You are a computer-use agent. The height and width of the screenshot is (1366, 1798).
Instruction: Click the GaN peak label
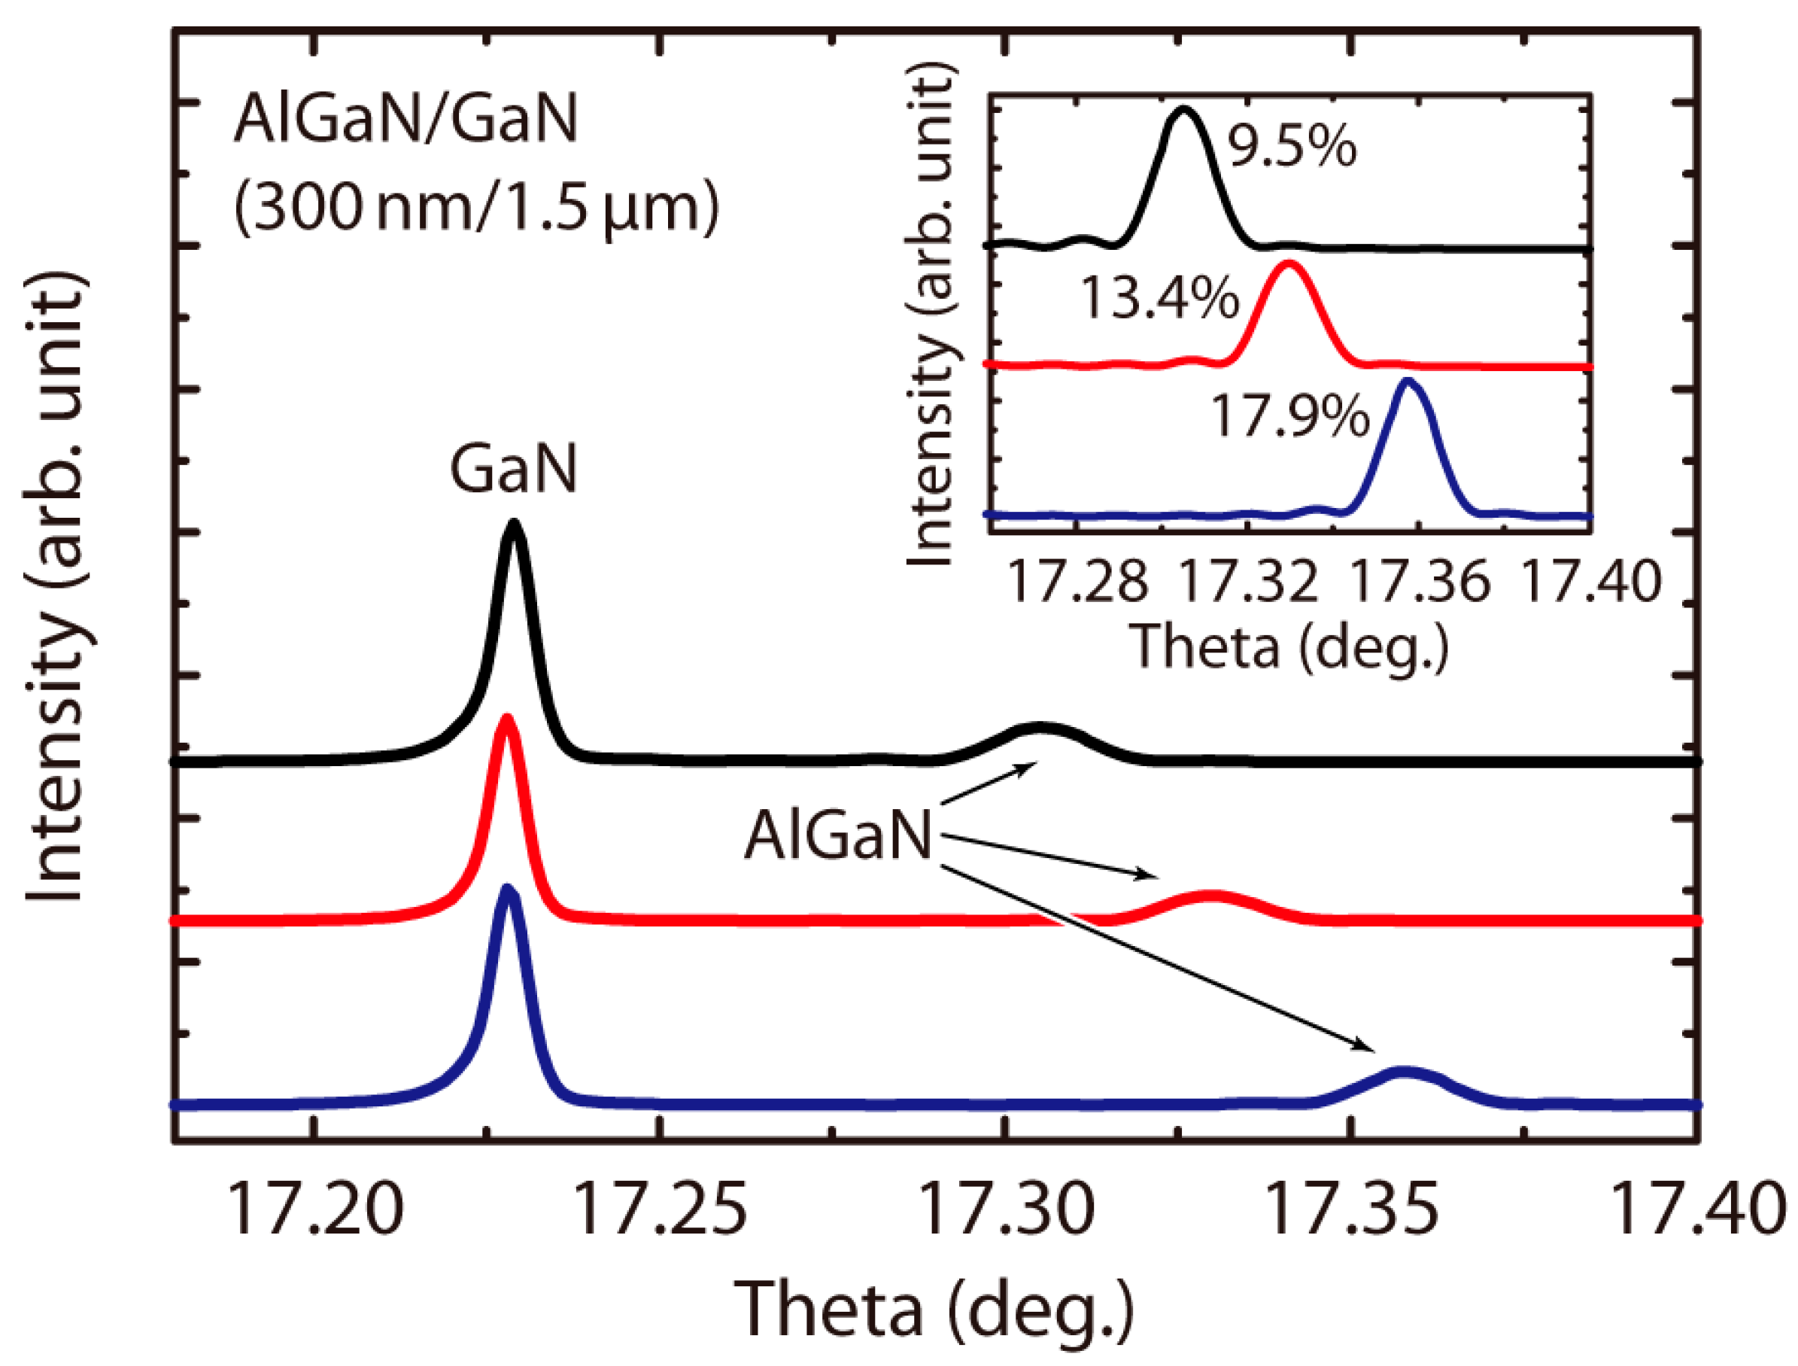point(514,469)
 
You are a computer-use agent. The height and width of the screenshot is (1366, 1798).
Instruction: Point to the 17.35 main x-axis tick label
point(1353,1209)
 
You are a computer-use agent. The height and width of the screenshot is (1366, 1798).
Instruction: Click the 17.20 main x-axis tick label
point(317,1209)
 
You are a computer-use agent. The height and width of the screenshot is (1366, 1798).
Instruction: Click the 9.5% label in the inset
point(1292,148)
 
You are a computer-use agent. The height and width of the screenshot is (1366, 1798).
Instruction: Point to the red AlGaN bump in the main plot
point(1211,896)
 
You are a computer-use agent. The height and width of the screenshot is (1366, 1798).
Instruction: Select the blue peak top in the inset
point(1408,382)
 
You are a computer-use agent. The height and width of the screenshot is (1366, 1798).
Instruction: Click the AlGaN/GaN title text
point(405,120)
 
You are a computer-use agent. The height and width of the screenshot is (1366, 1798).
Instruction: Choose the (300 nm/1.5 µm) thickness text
point(476,206)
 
